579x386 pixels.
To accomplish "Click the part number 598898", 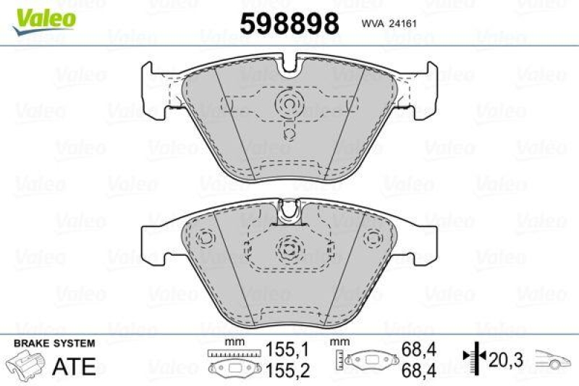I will pos(289,24).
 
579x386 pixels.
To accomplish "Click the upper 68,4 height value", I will pos(418,349).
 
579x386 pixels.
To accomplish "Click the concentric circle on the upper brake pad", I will pos(290,105).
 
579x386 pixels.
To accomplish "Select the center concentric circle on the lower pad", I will pos(289,248).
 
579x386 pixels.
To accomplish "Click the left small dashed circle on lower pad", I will pos(206,238).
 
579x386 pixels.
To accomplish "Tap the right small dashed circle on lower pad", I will pos(373,238).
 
